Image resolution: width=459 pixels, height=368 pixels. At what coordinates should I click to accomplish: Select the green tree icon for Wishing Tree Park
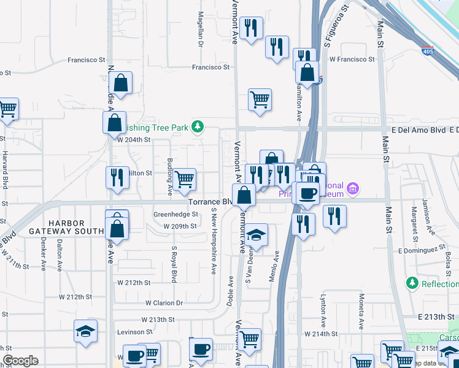pyautogui.click(x=198, y=127)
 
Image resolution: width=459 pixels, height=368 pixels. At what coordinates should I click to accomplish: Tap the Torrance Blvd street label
pyautogui.click(x=210, y=202)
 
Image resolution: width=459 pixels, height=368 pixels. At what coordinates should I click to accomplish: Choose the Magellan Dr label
pyautogui.click(x=200, y=31)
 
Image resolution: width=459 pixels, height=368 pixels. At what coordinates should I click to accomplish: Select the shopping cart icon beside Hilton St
pyautogui.click(x=184, y=179)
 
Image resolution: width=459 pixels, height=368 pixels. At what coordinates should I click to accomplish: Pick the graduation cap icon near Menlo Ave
pyautogui.click(x=257, y=235)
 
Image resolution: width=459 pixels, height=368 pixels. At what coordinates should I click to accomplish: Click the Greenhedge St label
pyautogui.click(x=175, y=215)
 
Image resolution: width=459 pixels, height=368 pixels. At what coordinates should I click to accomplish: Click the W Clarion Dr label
pyautogui.click(x=164, y=303)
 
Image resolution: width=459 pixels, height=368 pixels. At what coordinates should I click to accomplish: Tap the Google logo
pyautogui.click(x=20, y=361)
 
